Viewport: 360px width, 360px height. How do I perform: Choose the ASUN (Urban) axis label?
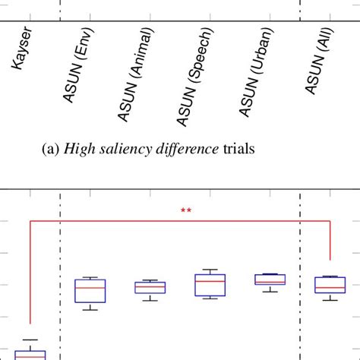point(258,71)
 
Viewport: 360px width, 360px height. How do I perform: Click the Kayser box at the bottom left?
point(30,355)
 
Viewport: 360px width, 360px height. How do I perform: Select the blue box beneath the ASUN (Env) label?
point(90,291)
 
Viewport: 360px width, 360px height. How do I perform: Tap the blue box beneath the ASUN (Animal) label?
point(150,288)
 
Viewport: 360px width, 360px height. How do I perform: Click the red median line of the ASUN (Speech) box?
point(210,282)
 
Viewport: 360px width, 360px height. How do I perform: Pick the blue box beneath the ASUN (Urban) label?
point(270,279)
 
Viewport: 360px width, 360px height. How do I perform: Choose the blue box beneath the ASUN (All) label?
point(330,285)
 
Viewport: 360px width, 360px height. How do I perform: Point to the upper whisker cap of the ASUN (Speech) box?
point(210,270)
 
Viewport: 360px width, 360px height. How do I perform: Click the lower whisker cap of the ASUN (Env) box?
point(90,310)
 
